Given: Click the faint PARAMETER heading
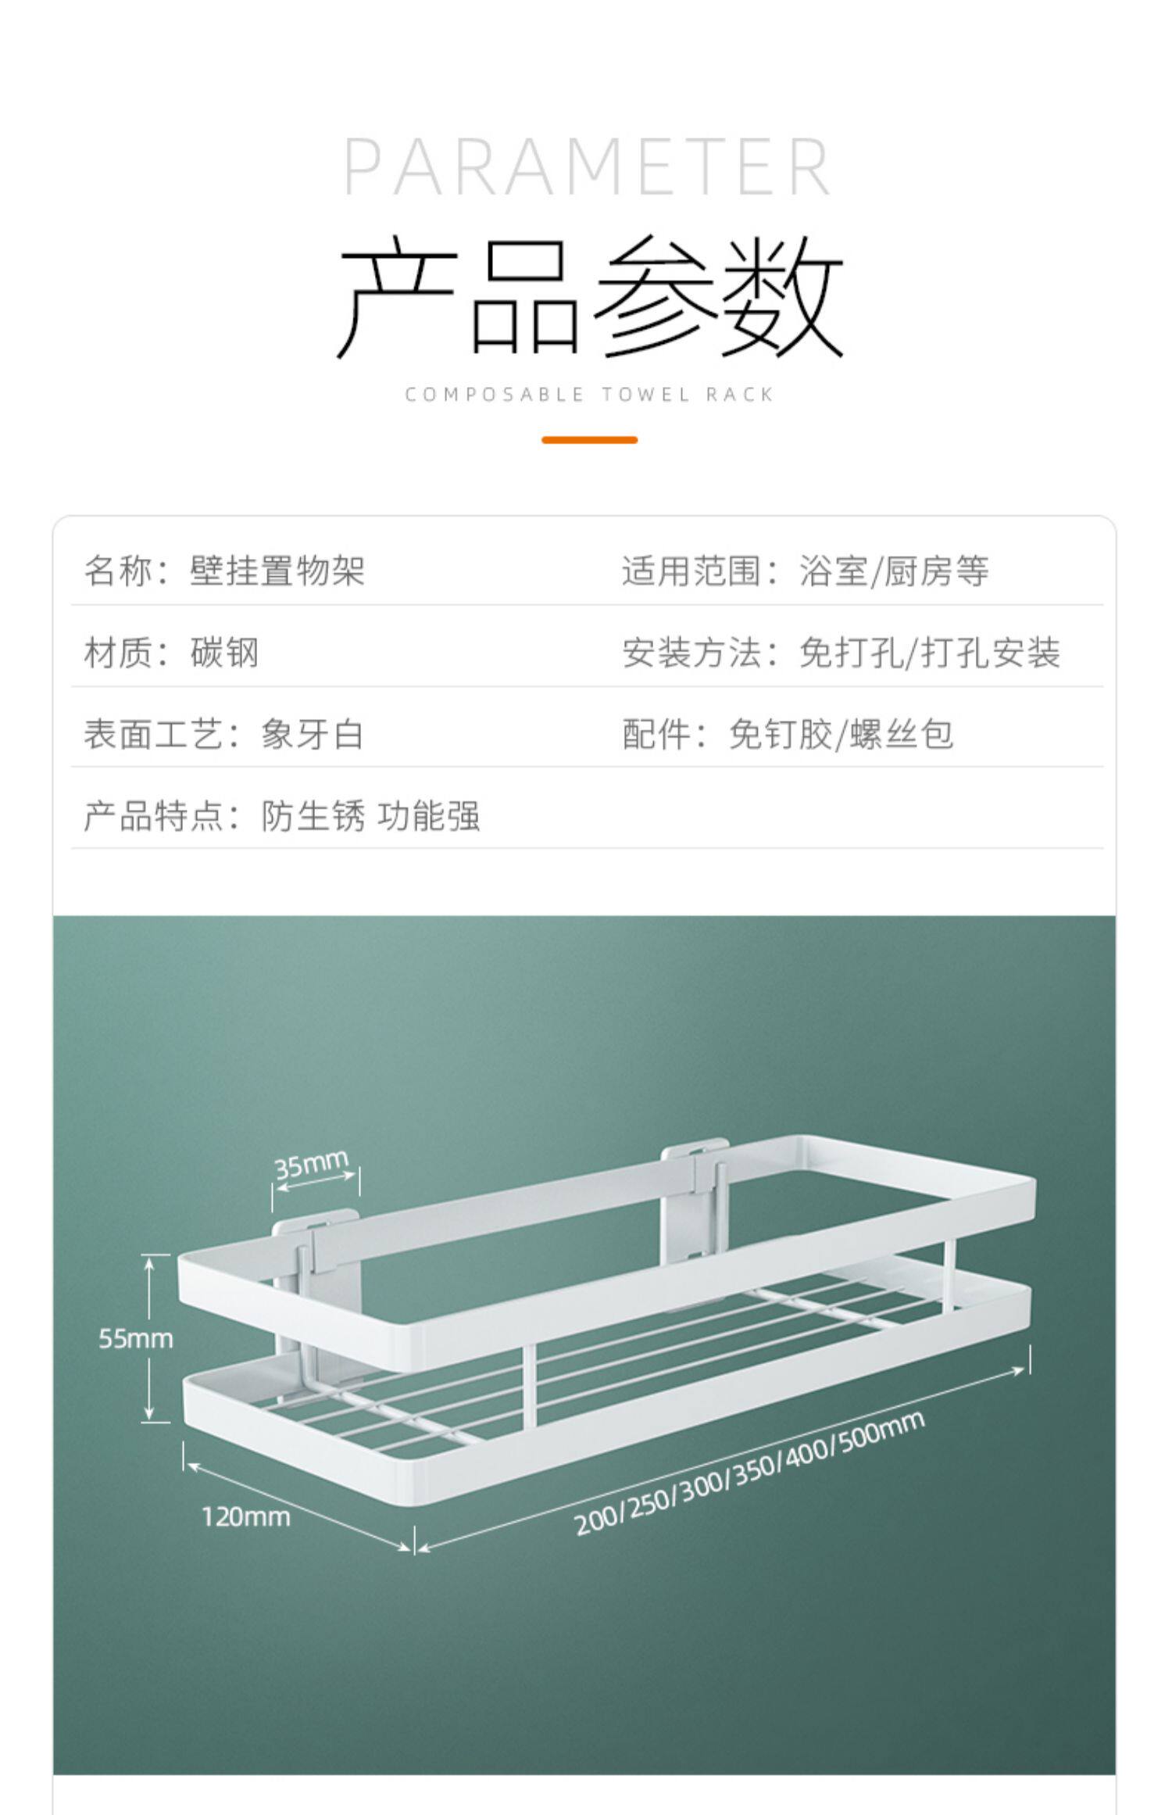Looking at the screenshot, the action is pyautogui.click(x=587, y=166).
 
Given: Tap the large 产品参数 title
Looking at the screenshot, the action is pyautogui.click(x=590, y=297).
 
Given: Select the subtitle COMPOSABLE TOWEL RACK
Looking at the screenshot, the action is pyautogui.click(x=589, y=395).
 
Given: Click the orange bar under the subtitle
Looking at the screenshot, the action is pyautogui.click(x=589, y=440).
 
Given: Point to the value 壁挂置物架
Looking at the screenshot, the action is pyautogui.click(x=277, y=571).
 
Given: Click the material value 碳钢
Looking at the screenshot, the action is pyautogui.click(x=224, y=653).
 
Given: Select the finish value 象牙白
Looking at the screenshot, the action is pyautogui.click(x=313, y=735).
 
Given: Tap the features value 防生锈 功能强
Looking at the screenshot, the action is pyautogui.click(x=370, y=816).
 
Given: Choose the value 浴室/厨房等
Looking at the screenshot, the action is pyautogui.click(x=894, y=571).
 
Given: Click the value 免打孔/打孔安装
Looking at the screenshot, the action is pyautogui.click(x=930, y=653).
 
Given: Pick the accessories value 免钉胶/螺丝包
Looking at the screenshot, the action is pyautogui.click(x=841, y=735).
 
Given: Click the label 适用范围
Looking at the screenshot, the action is pyautogui.click(x=692, y=571).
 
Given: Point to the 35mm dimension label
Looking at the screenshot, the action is pyautogui.click(x=311, y=1165).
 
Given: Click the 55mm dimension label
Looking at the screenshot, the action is pyautogui.click(x=135, y=1339).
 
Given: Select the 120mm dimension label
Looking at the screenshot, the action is pyautogui.click(x=245, y=1517).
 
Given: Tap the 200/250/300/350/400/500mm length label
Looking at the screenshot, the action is pyautogui.click(x=750, y=1474).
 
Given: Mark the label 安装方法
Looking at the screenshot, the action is pyautogui.click(x=692, y=653).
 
